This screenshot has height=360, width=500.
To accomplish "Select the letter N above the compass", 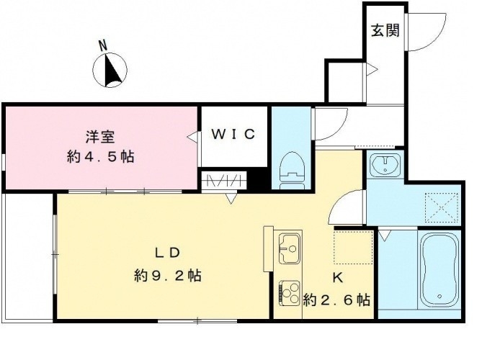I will [x=103, y=45].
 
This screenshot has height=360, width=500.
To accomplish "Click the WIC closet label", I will [x=233, y=135].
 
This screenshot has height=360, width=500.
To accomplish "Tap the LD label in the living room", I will [x=166, y=253].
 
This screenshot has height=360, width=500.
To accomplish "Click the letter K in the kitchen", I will [x=336, y=277].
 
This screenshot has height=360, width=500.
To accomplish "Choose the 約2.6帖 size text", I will [x=337, y=298].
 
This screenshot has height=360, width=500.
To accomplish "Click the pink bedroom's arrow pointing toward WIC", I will [x=191, y=135].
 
